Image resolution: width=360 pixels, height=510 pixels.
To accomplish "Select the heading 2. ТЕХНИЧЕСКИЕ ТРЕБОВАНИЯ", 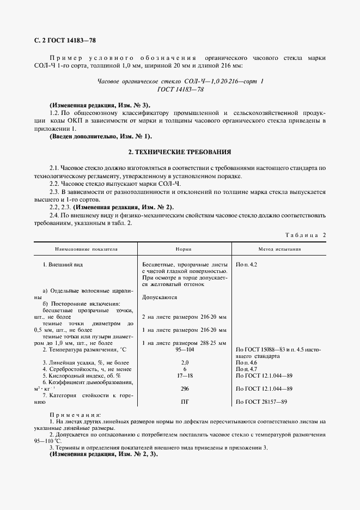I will point(179,153).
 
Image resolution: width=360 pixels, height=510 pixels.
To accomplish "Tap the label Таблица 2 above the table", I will point(305,235).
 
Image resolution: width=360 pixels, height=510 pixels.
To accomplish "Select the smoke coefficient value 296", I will point(184,389).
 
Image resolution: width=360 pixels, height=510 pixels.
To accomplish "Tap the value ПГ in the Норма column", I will point(184,403).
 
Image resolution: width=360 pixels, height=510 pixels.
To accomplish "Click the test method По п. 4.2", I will point(247,264).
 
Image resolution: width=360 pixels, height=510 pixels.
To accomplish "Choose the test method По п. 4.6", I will point(247,362).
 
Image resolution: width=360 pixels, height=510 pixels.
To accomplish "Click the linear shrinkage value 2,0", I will point(184,362).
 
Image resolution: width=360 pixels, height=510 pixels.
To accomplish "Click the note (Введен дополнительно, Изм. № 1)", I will point(100,136).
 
